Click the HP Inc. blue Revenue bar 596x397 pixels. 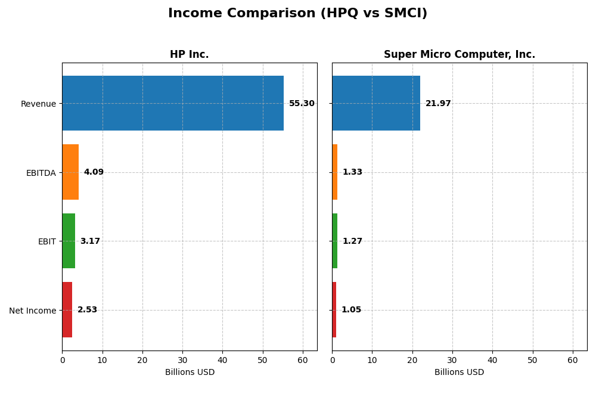[173, 103]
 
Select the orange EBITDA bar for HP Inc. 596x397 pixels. [70, 172]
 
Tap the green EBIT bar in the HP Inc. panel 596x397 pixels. [69, 241]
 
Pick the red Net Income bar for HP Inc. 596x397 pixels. [67, 310]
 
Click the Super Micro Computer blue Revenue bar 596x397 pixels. [376, 103]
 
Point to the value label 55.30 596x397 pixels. [302, 104]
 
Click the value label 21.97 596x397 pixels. [438, 104]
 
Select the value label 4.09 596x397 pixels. [94, 172]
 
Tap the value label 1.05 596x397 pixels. [351, 310]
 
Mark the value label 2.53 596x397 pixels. [87, 310]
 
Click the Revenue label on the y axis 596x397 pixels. [38, 104]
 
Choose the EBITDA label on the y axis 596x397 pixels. [41, 173]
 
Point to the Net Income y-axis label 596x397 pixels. [32, 311]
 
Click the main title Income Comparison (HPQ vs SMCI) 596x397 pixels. [297, 13]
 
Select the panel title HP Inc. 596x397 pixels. [189, 55]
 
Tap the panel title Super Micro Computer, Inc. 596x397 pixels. [459, 55]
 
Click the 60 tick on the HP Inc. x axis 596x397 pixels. [303, 360]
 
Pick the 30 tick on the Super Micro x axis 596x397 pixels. [452, 360]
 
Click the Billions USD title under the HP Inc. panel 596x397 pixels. [190, 373]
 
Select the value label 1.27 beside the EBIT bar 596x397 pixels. [352, 241]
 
